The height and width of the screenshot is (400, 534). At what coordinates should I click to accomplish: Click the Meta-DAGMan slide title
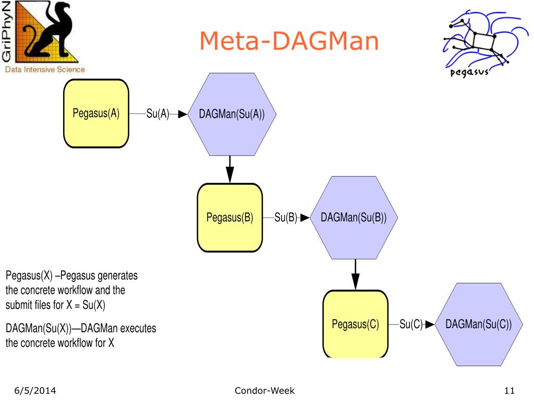pos(289,41)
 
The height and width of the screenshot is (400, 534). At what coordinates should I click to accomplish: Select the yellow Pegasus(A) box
pos(96,114)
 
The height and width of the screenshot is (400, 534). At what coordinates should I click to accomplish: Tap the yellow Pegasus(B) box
pos(230,218)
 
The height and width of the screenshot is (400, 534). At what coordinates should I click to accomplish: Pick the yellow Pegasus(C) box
pos(356,324)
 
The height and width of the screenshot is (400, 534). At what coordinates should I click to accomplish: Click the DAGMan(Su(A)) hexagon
pos(232,114)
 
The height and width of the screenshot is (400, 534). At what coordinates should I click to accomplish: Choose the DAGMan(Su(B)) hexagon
pos(354,218)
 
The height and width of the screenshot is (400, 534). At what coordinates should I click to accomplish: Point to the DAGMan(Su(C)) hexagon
pos(479,324)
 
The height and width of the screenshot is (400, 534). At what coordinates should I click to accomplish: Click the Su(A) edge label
pos(157,114)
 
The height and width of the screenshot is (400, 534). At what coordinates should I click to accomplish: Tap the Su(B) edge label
pos(286,217)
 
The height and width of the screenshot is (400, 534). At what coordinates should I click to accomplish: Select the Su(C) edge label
pos(411,324)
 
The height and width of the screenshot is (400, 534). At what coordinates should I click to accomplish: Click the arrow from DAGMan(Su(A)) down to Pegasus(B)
pos(230,169)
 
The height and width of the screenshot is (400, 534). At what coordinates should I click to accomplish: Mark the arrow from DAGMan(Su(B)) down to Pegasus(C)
pos(356,274)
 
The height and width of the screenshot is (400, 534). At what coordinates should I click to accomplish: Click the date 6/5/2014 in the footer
pos(35,391)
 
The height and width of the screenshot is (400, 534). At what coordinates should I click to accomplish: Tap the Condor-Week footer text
pos(264,391)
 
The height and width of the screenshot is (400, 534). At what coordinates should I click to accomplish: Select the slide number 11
pos(509,391)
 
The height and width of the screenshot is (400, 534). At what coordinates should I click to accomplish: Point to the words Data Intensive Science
pos(45,70)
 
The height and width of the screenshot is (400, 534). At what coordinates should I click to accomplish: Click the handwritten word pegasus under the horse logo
pos(469,72)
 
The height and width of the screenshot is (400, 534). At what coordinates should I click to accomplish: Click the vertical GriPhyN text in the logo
pos(6,32)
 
